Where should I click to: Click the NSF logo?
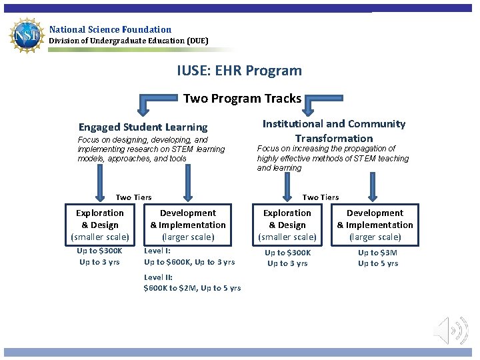[25, 35]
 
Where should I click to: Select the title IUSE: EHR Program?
[239, 71]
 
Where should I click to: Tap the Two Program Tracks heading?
[242, 99]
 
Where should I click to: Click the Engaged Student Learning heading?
[143, 127]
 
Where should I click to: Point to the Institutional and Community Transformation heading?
[333, 131]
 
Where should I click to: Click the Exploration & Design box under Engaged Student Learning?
[99, 225]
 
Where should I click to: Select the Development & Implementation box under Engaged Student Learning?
[188, 225]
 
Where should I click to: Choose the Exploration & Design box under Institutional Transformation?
[287, 225]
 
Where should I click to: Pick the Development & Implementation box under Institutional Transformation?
[375, 225]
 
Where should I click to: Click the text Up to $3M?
[378, 253]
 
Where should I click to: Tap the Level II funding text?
[192, 283]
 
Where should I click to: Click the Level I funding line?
[189, 257]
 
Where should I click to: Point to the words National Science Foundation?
[110, 29]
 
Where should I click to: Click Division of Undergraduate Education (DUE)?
[129, 41]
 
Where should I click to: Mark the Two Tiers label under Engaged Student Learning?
[133, 197]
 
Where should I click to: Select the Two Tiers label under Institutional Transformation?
[321, 197]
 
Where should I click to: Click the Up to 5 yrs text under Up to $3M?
[378, 263]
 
